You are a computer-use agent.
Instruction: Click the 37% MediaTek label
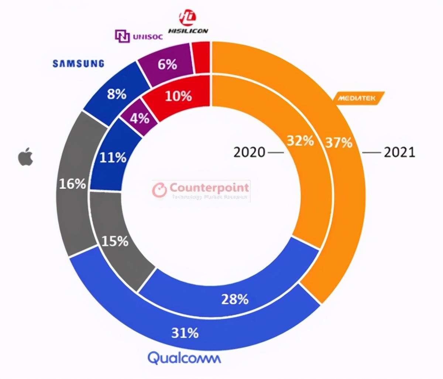coord(339,142)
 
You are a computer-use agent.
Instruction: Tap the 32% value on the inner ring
coord(300,140)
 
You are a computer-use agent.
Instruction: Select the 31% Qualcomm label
coord(185,333)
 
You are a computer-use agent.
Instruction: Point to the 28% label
coord(234,299)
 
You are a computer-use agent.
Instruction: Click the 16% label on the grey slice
coord(72,183)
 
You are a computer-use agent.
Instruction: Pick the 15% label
coord(115,241)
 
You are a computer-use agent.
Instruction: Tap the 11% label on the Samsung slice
coord(113,158)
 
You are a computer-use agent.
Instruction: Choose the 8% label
coord(117,94)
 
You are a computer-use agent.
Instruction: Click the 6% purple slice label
coord(167,64)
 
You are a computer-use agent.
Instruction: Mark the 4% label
coord(140,118)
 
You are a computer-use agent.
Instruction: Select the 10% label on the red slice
coord(178,96)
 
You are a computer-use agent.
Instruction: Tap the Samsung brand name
coord(78,64)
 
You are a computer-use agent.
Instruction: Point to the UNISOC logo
coord(138,36)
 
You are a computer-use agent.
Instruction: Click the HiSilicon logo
coord(188,22)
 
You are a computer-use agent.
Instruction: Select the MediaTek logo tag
coord(356,98)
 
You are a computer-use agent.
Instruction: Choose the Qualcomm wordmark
coord(184,358)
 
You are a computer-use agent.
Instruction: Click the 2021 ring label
coord(399,152)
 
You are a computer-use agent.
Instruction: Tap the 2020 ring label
coord(249,152)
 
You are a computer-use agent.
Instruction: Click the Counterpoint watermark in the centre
coord(201,190)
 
